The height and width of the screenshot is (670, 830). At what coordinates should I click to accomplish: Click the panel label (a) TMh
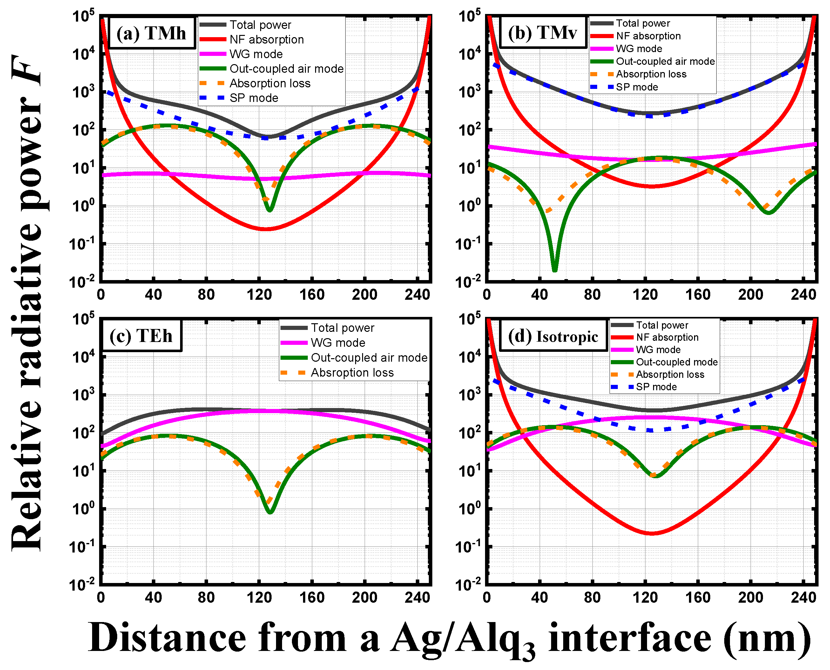pos(151,33)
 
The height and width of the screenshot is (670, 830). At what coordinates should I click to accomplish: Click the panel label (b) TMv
pos(543,32)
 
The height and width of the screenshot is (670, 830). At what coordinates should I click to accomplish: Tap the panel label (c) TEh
pos(141,336)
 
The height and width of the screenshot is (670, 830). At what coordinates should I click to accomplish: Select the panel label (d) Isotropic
pos(553,337)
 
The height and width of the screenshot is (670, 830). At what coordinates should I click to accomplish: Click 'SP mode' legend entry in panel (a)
pos(253,98)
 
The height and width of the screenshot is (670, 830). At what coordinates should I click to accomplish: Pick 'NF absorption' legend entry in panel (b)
pos(648,36)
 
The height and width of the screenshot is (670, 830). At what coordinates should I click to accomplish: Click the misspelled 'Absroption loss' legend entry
pos(352,372)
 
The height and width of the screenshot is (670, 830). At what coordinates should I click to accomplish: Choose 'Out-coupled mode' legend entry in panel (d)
pos(676,362)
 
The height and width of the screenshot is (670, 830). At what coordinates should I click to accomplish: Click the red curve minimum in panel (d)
pos(651,533)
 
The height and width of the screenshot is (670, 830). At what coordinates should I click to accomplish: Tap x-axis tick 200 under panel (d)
pos(751,597)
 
